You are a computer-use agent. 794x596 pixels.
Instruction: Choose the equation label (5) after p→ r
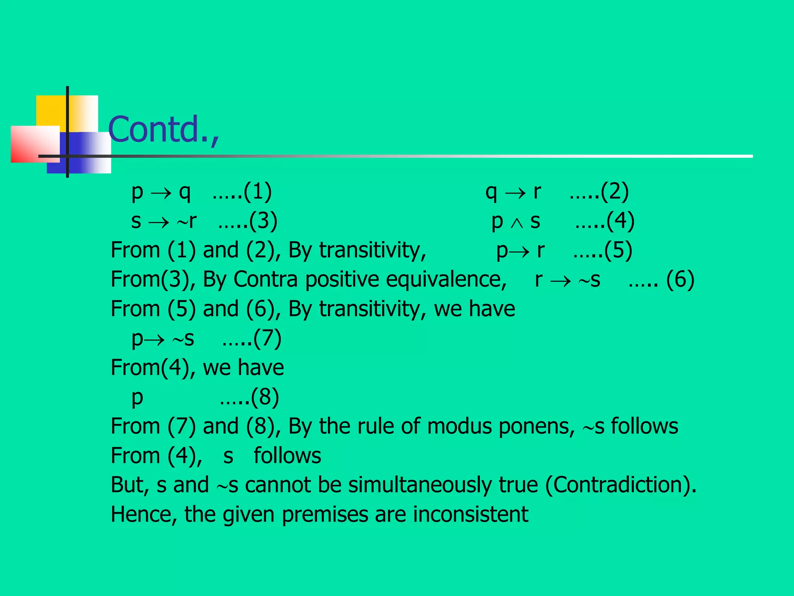(618, 250)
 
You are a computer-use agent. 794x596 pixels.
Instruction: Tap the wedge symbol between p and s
(516, 223)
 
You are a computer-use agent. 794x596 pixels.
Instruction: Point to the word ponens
(537, 426)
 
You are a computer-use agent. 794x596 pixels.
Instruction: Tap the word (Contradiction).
(620, 485)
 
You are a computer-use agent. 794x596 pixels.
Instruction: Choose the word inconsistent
(471, 515)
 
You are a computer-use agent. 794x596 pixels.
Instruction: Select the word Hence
(144, 515)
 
